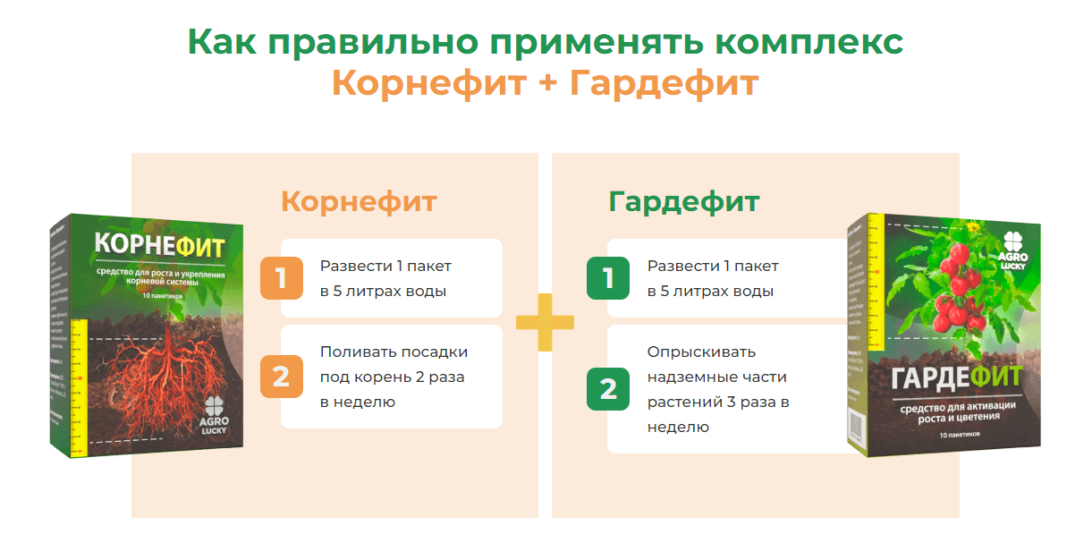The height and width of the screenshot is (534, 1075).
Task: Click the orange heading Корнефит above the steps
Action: (x=359, y=201)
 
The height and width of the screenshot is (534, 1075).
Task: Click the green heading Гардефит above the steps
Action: (x=684, y=201)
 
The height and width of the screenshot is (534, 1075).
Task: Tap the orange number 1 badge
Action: (x=281, y=278)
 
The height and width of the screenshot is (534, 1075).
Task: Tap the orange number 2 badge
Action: (x=281, y=377)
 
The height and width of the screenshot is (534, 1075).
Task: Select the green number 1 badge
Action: (x=608, y=278)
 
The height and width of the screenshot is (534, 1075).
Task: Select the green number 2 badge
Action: (x=608, y=389)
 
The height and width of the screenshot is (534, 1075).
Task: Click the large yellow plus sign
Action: (x=545, y=322)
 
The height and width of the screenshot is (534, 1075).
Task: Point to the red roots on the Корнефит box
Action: (x=161, y=376)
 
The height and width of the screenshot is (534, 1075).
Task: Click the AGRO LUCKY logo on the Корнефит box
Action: (x=216, y=416)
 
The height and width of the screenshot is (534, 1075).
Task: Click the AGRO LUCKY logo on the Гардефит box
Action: (x=1012, y=248)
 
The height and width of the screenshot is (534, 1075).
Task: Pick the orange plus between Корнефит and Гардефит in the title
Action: (x=545, y=84)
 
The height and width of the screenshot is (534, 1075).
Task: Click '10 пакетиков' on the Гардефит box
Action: (x=960, y=434)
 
